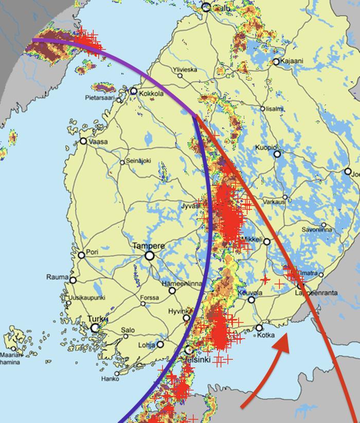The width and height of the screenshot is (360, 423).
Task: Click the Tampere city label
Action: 149,246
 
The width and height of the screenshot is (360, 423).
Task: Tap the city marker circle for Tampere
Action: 150,255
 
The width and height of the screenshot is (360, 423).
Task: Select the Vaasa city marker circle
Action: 83,141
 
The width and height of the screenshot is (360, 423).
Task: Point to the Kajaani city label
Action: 292,61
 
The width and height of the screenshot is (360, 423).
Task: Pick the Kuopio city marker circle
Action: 278,153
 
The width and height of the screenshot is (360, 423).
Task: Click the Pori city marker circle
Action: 81,255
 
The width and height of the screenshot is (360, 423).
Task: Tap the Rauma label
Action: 57,277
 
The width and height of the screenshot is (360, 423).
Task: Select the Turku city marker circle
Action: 95,328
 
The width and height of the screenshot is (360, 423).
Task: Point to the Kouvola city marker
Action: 251,299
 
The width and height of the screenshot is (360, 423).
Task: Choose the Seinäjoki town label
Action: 138,162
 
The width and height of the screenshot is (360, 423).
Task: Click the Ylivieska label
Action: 185,70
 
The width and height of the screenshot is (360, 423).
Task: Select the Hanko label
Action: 110,379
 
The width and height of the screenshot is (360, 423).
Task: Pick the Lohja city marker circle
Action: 160,344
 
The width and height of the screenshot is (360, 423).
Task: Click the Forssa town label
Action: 150,297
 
